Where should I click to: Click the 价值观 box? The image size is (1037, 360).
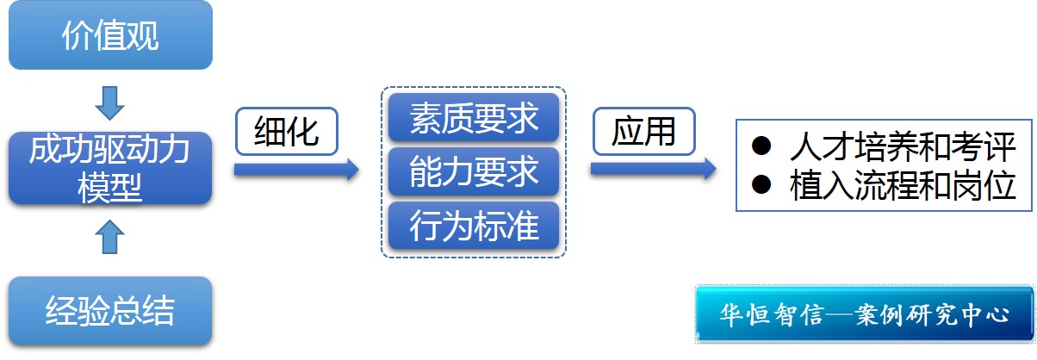110,35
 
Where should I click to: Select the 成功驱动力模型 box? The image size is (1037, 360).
109,168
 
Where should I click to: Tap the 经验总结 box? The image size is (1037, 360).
109,311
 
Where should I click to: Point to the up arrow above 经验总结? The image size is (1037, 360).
109,235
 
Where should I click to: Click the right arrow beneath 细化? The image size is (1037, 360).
295,170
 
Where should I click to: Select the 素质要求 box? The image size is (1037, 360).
474,118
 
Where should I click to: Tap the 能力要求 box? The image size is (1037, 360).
474,171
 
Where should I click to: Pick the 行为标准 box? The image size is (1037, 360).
474,226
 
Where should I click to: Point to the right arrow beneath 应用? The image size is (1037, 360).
653,169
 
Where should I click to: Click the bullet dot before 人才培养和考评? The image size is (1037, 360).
761,146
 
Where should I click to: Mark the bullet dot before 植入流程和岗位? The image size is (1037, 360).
761,183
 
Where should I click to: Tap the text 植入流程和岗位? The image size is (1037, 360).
903,184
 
